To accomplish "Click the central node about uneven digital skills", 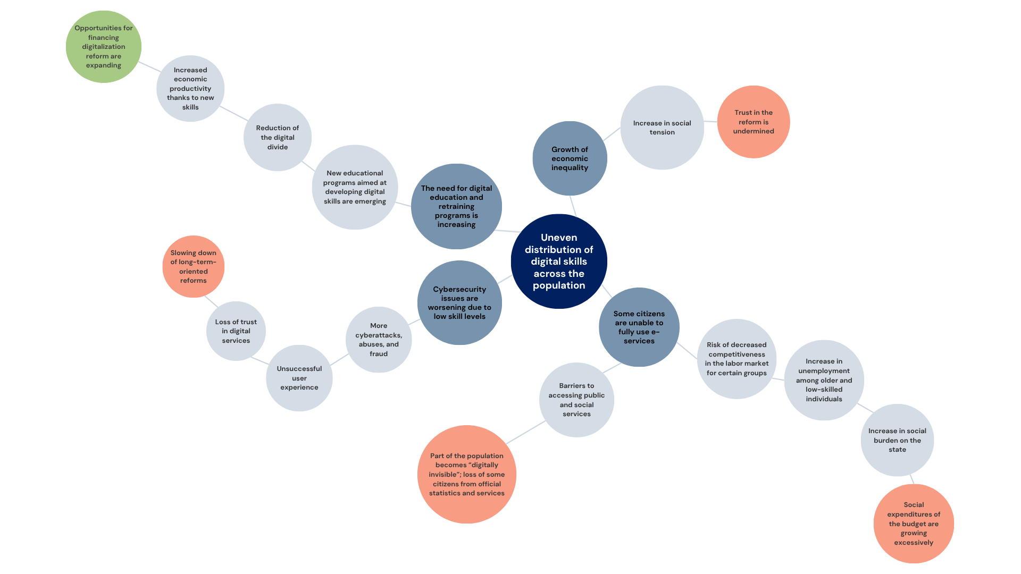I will tap(559, 261).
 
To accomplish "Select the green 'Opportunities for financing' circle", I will tap(104, 47).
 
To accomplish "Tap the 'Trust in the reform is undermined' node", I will tap(754, 122).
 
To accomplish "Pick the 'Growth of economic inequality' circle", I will tap(570, 158).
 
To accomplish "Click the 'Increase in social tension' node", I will tap(662, 128).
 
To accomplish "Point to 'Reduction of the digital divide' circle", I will tap(278, 137).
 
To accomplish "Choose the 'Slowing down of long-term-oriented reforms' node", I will tap(194, 266).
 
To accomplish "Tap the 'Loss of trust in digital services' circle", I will tap(236, 331).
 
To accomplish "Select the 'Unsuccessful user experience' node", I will tap(299, 378).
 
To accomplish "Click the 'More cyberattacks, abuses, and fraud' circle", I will tap(379, 340).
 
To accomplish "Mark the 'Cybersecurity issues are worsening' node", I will tap(459, 302).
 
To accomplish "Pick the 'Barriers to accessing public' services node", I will tap(576, 400).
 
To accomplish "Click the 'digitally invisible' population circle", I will tap(467, 474).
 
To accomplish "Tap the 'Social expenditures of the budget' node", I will tap(914, 524).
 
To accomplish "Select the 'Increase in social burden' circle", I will tap(897, 440).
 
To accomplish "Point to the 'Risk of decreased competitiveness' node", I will tap(737, 359).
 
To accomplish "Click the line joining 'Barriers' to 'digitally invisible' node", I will tap(526, 432).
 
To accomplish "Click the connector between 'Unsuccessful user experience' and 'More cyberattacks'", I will tap(339, 360).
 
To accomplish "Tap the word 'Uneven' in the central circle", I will tap(559, 238).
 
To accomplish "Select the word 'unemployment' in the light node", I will tap(824, 371).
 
